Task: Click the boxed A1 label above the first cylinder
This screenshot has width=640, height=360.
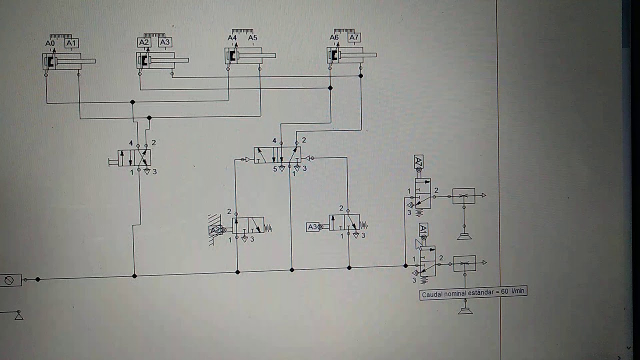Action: click(x=71, y=43)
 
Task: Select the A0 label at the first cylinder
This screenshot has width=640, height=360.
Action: click(x=50, y=43)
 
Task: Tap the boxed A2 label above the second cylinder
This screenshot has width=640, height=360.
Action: click(x=144, y=42)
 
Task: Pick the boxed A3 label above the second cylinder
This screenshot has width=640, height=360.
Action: click(x=165, y=42)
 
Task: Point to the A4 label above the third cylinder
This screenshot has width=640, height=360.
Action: click(x=232, y=37)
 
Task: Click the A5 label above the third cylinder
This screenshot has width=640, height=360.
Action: click(x=252, y=37)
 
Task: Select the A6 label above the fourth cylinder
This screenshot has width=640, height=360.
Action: click(x=334, y=37)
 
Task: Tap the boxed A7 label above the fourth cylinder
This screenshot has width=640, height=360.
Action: click(x=354, y=37)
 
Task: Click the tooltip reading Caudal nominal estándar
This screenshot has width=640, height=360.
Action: click(x=473, y=293)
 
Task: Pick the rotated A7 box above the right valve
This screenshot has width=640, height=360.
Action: click(x=418, y=161)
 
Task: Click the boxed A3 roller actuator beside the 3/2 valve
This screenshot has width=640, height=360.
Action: click(x=312, y=227)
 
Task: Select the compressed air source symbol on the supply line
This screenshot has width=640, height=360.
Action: click(x=10, y=280)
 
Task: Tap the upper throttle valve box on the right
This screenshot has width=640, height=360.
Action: click(x=463, y=196)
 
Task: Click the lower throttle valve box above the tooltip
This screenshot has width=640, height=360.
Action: click(x=464, y=263)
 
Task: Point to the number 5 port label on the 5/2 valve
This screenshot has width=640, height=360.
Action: click(x=275, y=169)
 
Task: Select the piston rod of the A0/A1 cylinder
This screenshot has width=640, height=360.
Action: click(x=76, y=61)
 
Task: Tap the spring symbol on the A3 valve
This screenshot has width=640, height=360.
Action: click(x=363, y=225)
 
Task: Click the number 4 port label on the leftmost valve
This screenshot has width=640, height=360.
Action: click(x=131, y=143)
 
